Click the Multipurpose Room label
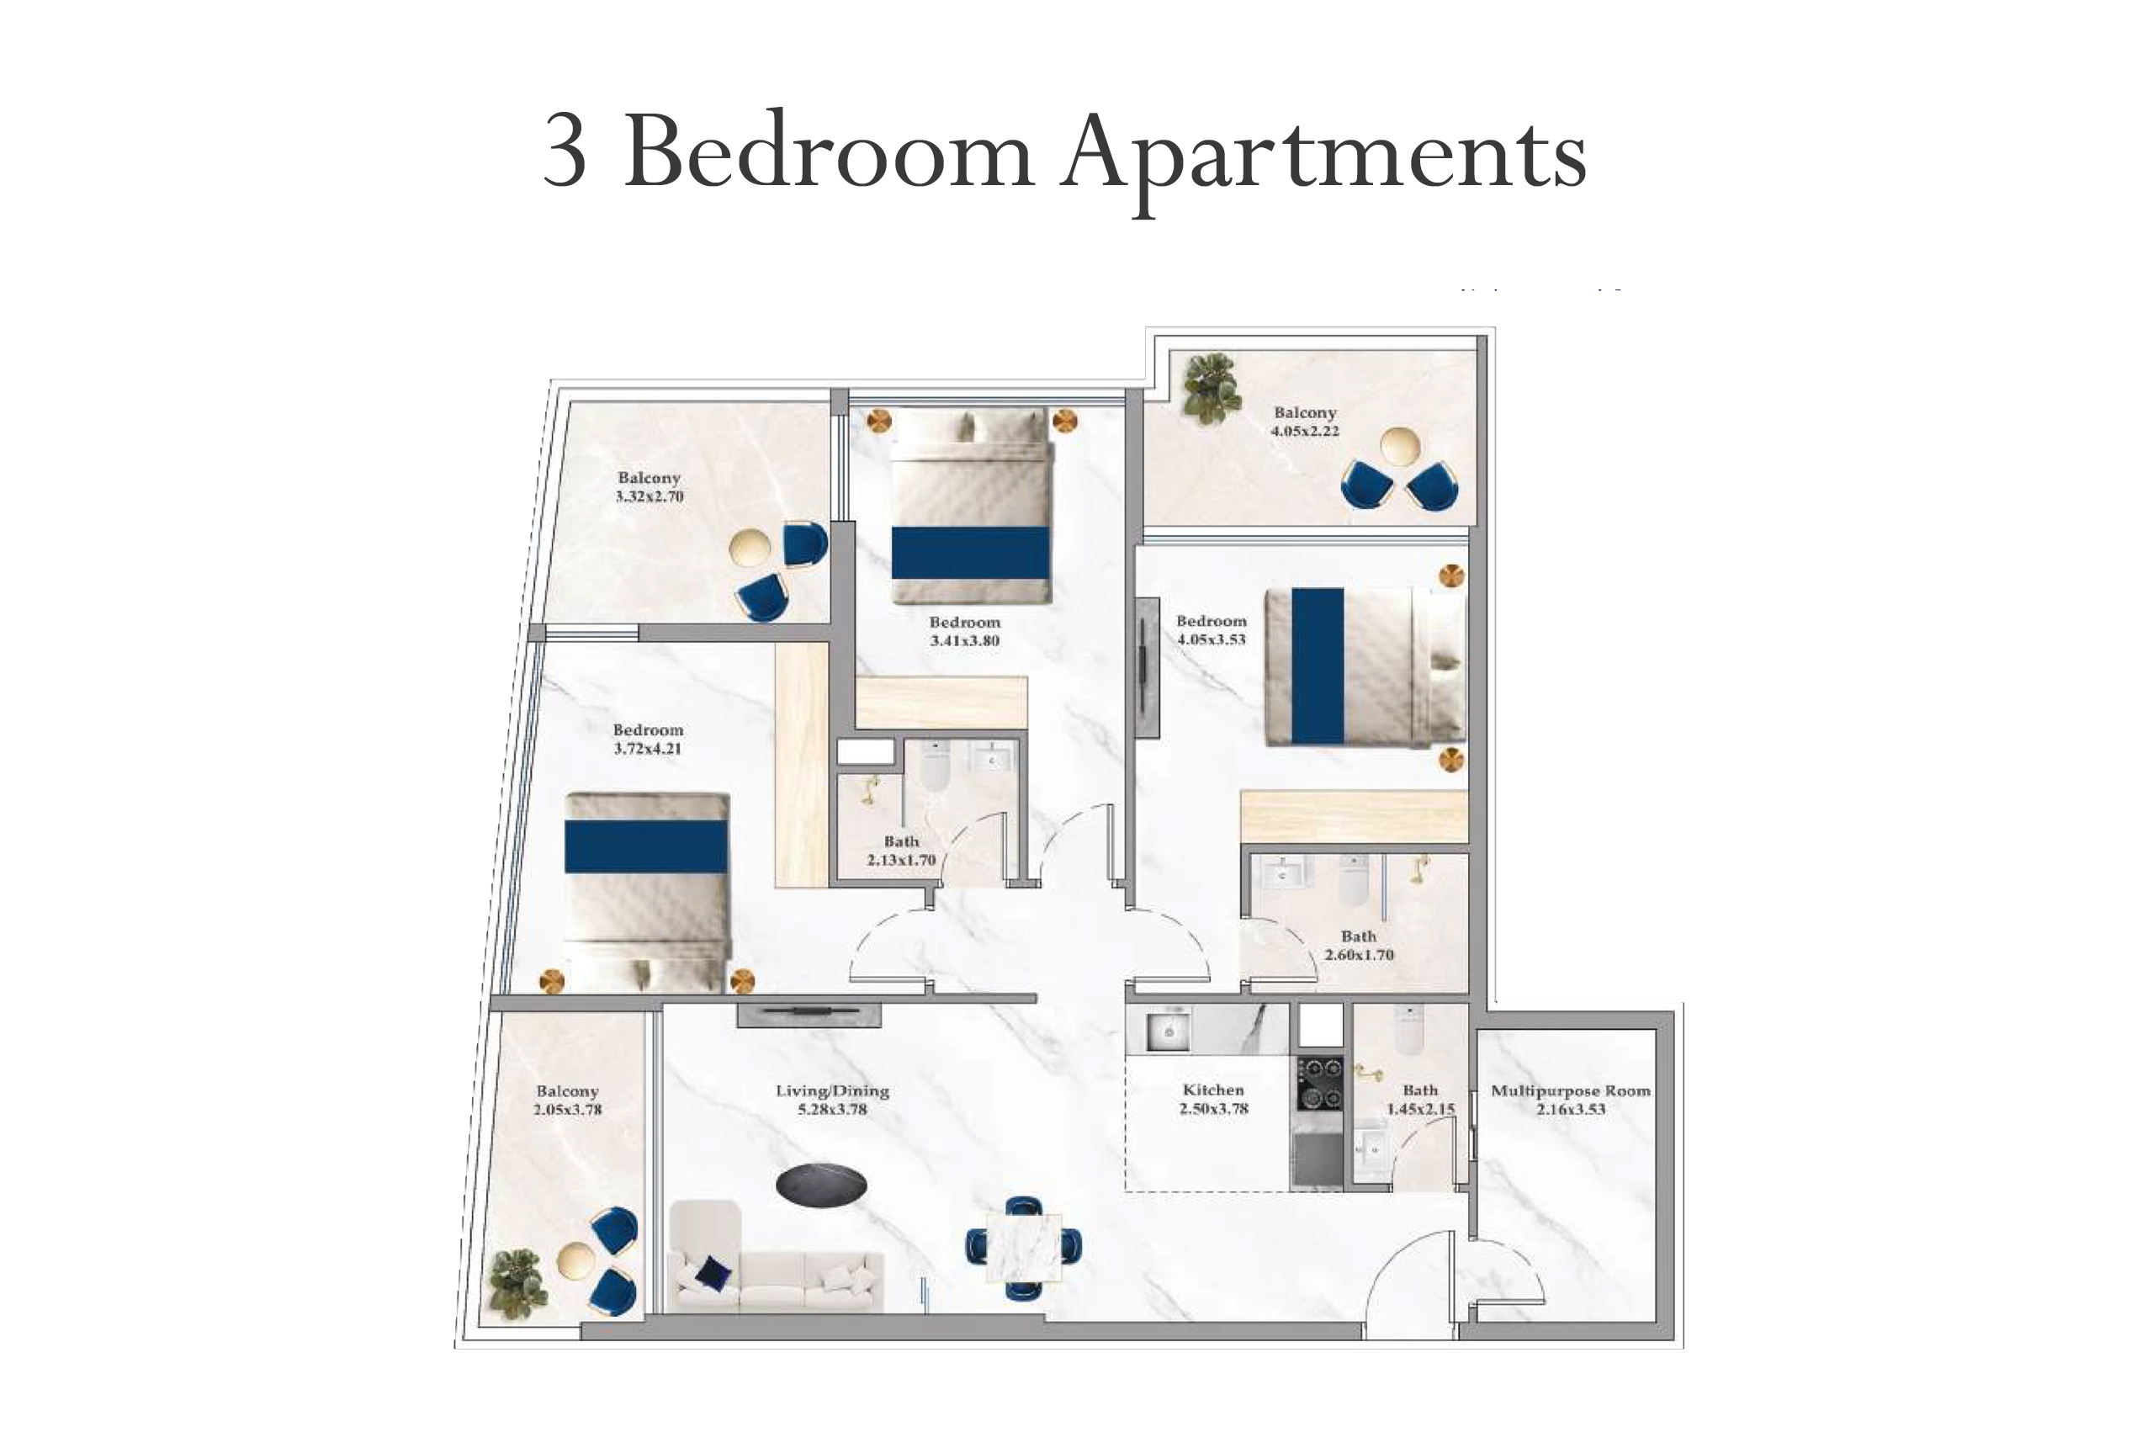coord(1570,1100)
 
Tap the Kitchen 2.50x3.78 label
coord(1213,1099)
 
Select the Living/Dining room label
coord(832,1100)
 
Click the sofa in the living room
coord(777,1258)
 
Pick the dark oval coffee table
coord(821,1185)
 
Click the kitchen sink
coord(1167,1031)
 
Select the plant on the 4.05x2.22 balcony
coord(1212,390)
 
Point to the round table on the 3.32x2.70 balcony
coord(750,549)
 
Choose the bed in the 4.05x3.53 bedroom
coord(1365,666)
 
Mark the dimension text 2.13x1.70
coord(901,859)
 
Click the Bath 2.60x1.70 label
coord(1359,945)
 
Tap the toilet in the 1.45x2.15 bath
coord(1408,1028)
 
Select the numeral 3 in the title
coord(565,151)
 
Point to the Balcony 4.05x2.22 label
coord(1305,422)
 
